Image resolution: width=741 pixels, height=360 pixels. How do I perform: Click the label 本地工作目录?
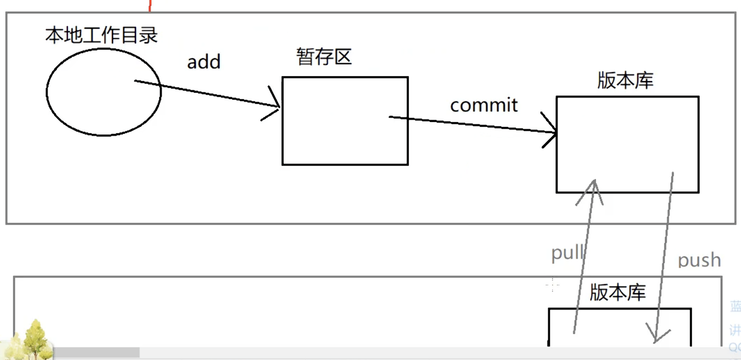coord(102,36)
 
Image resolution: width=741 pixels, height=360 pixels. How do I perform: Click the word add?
coord(204,62)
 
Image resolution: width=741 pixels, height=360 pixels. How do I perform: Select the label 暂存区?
coord(324,57)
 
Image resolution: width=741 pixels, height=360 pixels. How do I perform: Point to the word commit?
coord(484,106)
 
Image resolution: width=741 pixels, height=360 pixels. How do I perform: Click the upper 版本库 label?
coord(625,81)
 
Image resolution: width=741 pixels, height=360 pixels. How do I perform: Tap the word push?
coord(699,260)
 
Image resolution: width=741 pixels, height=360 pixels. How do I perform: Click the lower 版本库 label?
coord(618,293)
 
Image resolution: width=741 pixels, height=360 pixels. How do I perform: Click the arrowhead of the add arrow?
coord(276,106)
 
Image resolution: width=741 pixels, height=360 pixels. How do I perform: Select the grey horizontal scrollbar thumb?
coord(96,353)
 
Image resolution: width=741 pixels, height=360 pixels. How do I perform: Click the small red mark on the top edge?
coord(150,6)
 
